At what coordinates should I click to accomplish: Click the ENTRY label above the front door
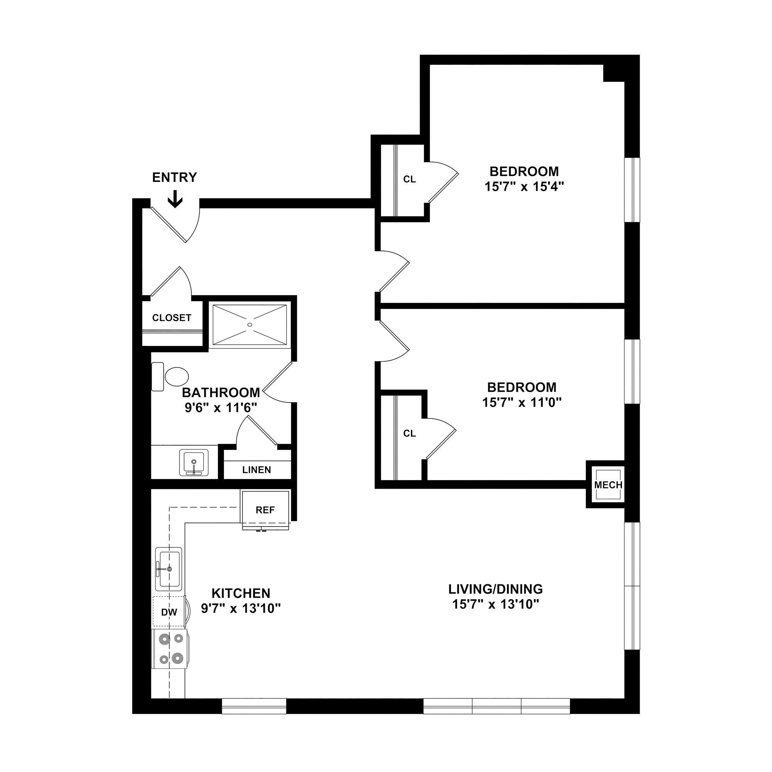(x=174, y=178)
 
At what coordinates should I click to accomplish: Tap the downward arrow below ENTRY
(x=174, y=200)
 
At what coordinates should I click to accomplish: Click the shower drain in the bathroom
(x=250, y=325)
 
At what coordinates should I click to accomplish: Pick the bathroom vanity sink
(x=194, y=462)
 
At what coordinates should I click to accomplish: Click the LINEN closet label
(x=257, y=470)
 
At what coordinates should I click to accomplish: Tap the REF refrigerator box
(x=265, y=510)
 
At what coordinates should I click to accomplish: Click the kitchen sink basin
(x=169, y=568)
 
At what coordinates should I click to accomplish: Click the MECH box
(x=608, y=485)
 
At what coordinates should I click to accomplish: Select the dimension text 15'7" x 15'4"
(x=524, y=186)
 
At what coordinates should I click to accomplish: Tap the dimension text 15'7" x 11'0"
(x=521, y=402)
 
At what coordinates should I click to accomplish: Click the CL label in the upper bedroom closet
(x=409, y=179)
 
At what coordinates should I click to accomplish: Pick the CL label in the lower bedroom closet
(x=409, y=433)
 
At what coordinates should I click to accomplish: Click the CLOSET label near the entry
(x=171, y=318)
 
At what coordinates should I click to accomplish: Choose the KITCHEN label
(x=240, y=593)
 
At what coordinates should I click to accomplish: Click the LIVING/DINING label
(x=496, y=589)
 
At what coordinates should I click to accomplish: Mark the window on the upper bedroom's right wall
(x=632, y=190)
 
